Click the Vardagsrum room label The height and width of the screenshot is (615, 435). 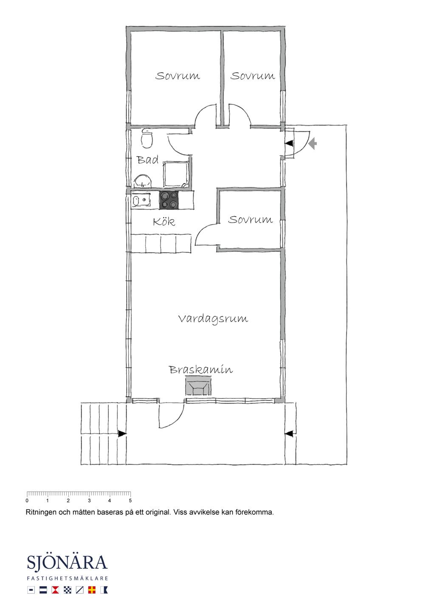(213, 319)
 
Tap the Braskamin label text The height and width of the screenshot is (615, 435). (201, 370)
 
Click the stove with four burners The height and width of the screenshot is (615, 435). (169, 200)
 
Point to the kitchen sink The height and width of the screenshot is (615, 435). (141, 200)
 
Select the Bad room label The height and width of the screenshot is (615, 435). (148, 160)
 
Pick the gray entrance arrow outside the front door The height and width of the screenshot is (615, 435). (313, 144)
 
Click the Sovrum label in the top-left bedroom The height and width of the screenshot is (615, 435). (178, 76)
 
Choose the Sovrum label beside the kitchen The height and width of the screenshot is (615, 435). (251, 220)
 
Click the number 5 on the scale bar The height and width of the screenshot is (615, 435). (130, 500)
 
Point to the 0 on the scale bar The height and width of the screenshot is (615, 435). (27, 500)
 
